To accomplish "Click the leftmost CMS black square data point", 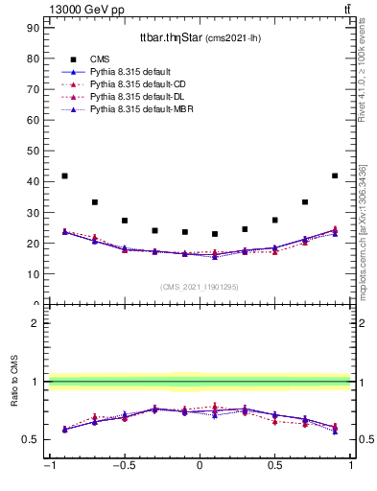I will [x=64, y=176].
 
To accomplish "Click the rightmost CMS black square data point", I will [x=335, y=176].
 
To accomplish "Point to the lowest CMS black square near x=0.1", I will [x=215, y=234].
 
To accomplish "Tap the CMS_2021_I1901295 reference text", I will [x=200, y=288].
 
